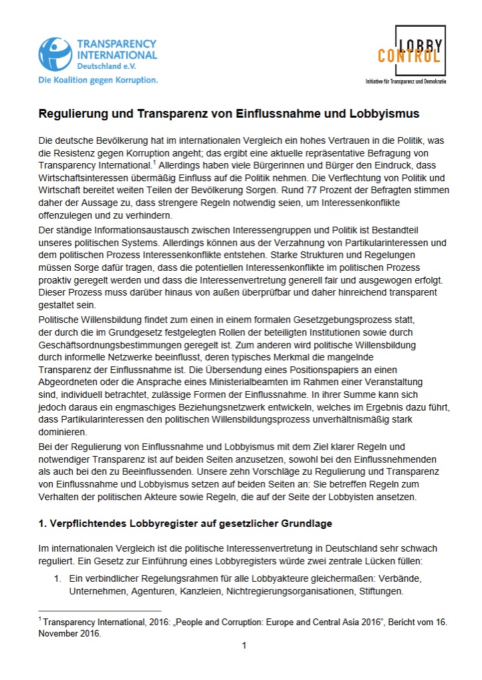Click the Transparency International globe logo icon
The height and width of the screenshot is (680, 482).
click(x=55, y=53)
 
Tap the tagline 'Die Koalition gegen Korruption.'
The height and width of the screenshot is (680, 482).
click(x=98, y=80)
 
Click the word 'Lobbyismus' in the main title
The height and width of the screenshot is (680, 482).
click(x=387, y=114)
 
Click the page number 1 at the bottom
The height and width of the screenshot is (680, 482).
click(x=244, y=645)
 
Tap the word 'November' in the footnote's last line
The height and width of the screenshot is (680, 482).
click(x=57, y=634)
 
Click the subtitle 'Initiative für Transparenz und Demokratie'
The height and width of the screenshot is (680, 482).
click(x=405, y=81)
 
